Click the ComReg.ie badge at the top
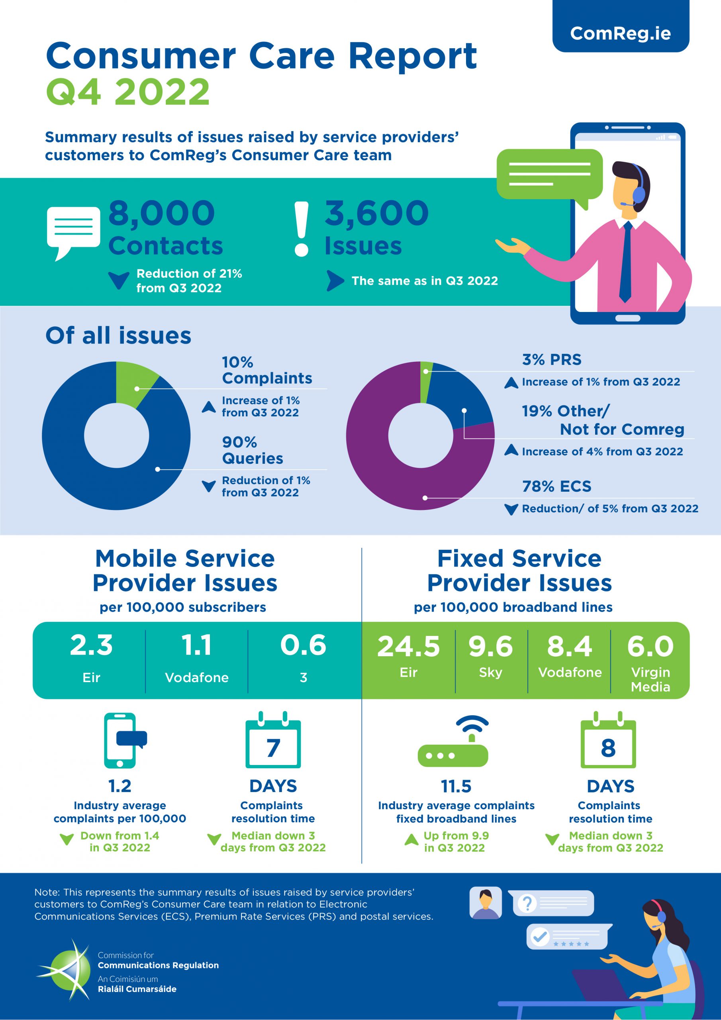pos(620,33)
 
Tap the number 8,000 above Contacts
pos(162,213)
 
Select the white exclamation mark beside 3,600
pos(302,229)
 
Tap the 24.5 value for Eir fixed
pos(408,646)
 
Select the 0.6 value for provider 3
pos(303,645)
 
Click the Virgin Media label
pos(650,679)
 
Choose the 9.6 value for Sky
pos(490,646)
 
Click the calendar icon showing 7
pos(273,741)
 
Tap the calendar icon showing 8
pos(608,741)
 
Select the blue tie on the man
pos(626,262)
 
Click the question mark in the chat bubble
pos(527,903)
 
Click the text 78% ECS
pos(556,486)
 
